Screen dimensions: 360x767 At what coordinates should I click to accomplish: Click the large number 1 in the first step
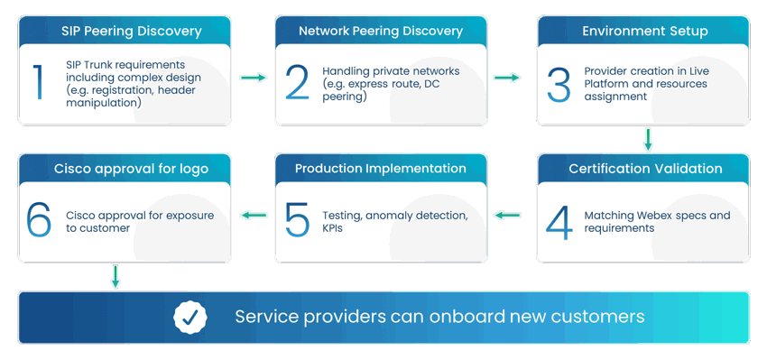tap(38, 82)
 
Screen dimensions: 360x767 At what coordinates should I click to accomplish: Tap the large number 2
tap(297, 83)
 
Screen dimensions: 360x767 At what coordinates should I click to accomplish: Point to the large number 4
tap(559, 221)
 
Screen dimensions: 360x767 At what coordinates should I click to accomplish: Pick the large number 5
tap(297, 221)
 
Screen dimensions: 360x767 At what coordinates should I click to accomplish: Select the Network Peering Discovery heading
tap(381, 31)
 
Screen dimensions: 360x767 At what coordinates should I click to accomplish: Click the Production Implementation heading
tap(381, 169)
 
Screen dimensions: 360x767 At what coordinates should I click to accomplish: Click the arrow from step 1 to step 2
tap(253, 78)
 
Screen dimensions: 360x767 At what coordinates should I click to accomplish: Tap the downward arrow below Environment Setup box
tap(647, 139)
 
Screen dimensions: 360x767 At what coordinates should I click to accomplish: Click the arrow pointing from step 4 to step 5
tap(508, 216)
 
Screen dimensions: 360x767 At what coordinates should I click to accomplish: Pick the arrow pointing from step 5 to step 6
tap(253, 216)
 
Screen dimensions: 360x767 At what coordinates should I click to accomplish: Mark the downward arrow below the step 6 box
tap(116, 277)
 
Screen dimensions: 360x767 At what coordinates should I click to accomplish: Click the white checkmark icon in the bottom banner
tap(190, 317)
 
